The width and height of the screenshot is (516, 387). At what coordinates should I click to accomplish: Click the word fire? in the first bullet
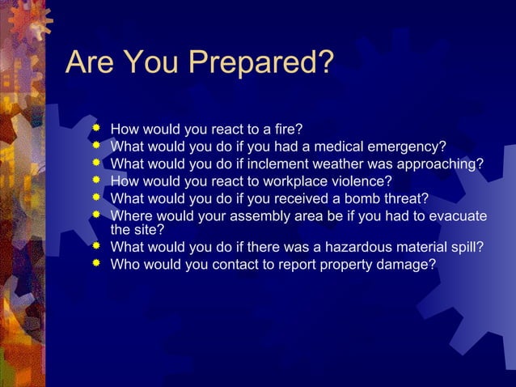(285, 129)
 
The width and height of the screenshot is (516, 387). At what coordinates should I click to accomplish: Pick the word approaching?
(444, 164)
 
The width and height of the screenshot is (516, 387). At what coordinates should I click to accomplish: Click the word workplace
(294, 181)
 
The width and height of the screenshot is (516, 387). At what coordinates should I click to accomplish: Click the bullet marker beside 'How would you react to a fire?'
(97, 128)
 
